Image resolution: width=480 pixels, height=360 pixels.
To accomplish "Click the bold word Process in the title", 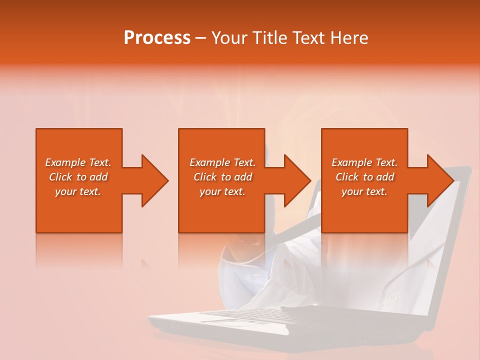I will (x=157, y=38).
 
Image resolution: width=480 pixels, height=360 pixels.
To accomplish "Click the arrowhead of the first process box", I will (x=155, y=180).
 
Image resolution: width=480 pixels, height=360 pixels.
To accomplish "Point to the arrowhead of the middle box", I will (x=297, y=180).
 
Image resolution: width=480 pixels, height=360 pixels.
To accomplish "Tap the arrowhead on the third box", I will (x=440, y=180).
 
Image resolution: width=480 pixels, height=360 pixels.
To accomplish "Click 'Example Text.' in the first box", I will (x=78, y=162).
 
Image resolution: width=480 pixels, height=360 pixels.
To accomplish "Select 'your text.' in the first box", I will (x=78, y=191).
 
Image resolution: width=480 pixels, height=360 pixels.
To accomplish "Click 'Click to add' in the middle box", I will (x=222, y=177).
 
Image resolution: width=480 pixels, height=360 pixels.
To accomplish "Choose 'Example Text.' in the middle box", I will (x=222, y=162).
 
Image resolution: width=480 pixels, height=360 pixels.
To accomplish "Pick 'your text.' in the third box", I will (x=364, y=191).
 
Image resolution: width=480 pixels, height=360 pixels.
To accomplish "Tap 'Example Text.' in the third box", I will (x=364, y=162).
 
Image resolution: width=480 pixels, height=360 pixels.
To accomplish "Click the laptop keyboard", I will (x=260, y=315).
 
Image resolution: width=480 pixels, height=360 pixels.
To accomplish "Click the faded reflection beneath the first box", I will (x=79, y=250).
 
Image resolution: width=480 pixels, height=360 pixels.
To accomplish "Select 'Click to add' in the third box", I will (x=364, y=177).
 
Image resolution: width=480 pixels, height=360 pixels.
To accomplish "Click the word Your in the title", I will (x=229, y=38).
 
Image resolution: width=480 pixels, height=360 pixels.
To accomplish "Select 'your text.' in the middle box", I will (x=222, y=191).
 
